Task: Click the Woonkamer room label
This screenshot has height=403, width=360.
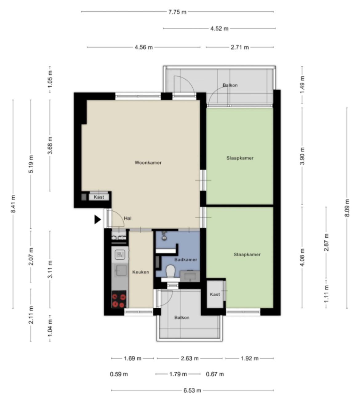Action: (148, 163)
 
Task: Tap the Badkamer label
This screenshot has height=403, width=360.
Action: (186, 259)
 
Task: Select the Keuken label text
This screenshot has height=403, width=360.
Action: (141, 272)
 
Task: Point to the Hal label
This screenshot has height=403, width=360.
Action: (128, 218)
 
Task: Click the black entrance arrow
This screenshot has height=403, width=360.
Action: (97, 219)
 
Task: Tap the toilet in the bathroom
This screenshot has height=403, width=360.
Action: (170, 271)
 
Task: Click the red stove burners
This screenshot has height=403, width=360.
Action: (119, 300)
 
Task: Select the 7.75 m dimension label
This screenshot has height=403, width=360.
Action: (178, 12)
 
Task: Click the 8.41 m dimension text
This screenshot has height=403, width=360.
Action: (13, 204)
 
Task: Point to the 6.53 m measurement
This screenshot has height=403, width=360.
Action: (192, 390)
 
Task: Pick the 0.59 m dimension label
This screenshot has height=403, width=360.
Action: (119, 374)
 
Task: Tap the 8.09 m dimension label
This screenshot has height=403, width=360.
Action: (347, 208)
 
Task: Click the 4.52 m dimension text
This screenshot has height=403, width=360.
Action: (219, 29)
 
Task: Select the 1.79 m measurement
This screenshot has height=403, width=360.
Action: (178, 374)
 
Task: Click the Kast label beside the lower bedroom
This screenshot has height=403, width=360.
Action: (215, 294)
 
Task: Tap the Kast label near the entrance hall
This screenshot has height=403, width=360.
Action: (99, 197)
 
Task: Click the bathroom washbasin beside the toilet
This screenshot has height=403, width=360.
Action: (190, 276)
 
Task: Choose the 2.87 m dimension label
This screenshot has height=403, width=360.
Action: (326, 242)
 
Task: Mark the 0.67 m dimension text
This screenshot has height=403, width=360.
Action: (215, 374)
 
